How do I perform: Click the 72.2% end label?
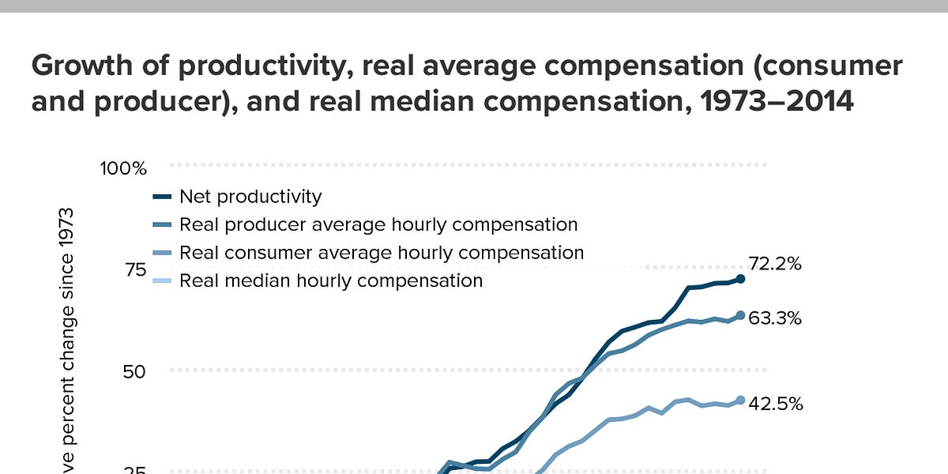click(776, 265)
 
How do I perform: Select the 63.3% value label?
click(776, 318)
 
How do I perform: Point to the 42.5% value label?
click(776, 404)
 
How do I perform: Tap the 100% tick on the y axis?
click(123, 168)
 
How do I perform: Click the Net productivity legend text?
click(250, 196)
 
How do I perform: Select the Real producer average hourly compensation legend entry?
click(378, 224)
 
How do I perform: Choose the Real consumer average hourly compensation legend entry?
click(382, 253)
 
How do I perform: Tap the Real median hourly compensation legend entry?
click(330, 280)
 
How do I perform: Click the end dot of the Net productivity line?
click(740, 279)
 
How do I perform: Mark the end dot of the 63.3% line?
click(740, 316)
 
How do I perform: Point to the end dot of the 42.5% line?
click(740, 401)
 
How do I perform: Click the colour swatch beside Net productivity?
click(162, 196)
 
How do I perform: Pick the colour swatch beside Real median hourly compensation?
click(162, 280)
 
